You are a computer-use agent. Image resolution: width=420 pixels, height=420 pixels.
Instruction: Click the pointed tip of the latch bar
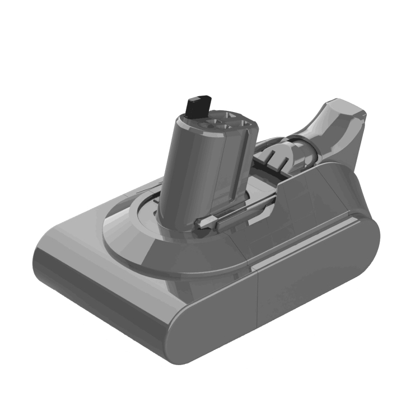click(199, 225)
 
